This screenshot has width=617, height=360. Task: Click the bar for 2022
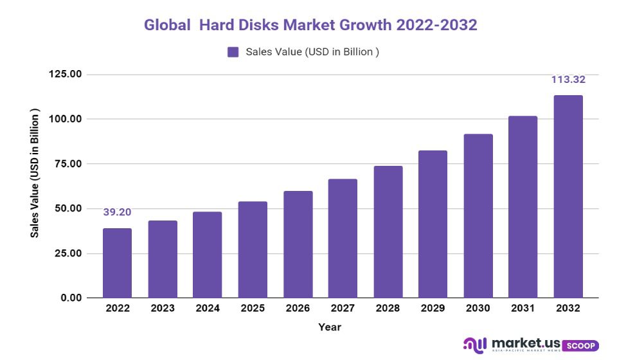coord(117,263)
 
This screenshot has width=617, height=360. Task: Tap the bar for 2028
coord(388,232)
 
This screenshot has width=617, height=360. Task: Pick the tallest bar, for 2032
coord(568,197)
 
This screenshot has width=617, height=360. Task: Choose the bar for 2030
coord(478,216)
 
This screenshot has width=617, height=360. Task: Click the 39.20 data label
coord(117,212)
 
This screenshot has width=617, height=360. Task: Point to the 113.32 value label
coord(568,80)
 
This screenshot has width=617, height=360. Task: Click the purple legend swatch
coord(233,52)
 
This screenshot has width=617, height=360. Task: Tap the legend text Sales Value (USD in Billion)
coord(312,52)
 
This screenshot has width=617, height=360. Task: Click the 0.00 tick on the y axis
coord(70,298)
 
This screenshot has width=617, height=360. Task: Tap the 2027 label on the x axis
coord(343,309)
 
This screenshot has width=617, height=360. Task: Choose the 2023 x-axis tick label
coord(162,309)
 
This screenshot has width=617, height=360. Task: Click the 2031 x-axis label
coord(523,309)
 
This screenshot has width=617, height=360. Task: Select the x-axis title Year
coord(330,327)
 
